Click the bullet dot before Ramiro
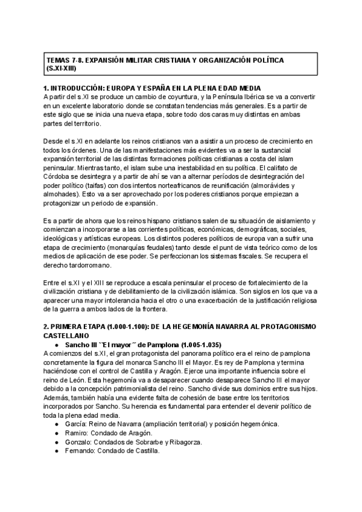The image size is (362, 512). coord(56,435)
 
